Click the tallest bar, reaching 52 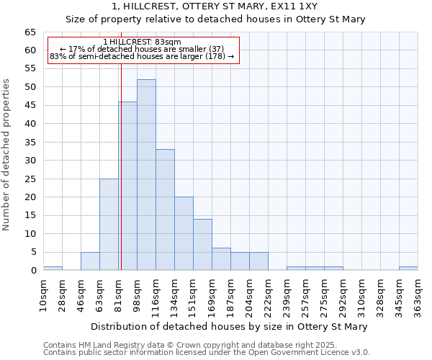click(146, 175)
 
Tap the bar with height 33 click(165, 210)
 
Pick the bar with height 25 click(109, 224)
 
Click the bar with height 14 click(202, 244)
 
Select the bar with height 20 click(184, 233)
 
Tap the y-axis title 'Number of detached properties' click(8, 155)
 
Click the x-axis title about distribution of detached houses click(229, 326)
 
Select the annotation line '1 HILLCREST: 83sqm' click(142, 42)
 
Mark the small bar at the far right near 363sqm click(408, 269)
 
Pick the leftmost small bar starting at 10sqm click(53, 269)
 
